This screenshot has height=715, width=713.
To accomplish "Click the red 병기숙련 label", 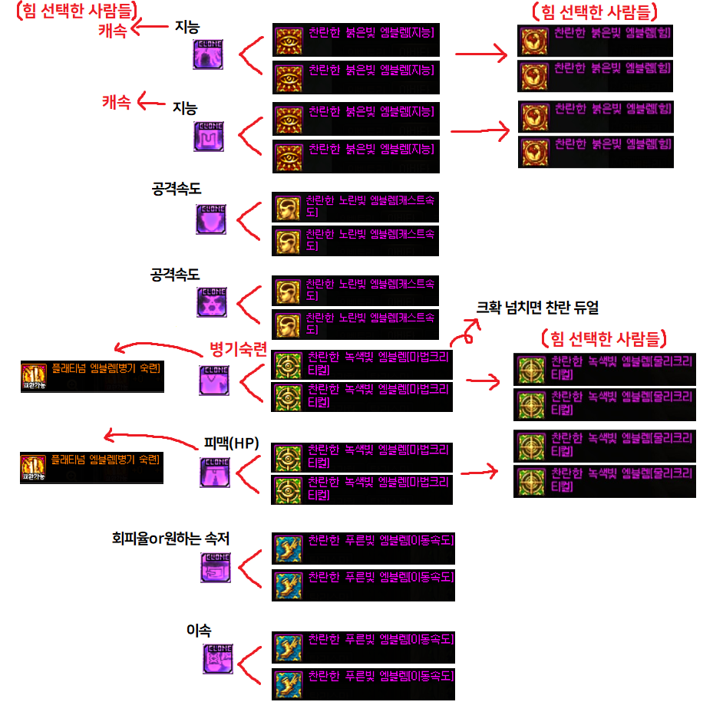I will tap(239, 351).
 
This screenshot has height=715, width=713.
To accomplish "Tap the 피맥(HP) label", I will tap(231, 443).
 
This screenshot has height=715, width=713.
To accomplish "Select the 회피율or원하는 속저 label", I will tap(170, 539).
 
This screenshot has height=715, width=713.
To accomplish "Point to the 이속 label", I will tap(199, 630).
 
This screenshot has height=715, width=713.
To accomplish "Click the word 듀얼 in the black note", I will tap(581, 308).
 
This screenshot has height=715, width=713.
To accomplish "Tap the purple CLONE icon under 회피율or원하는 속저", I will tap(215, 568).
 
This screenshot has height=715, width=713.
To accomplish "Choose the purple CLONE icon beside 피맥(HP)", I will tap(215, 472).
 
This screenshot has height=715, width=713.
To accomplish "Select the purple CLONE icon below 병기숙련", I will tap(214, 380).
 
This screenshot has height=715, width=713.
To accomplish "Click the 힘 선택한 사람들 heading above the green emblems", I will tap(602, 338).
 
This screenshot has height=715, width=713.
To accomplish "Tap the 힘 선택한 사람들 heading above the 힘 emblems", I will tap(596, 12).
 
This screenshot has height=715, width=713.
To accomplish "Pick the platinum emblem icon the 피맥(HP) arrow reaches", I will tap(32, 467).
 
